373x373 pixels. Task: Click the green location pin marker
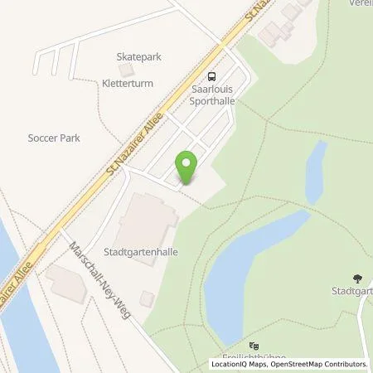[186, 167]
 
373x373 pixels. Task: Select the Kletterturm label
[138, 83]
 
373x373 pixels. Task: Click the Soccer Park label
[53, 138]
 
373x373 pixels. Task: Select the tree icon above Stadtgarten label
[358, 279]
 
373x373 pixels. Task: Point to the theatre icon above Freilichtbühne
[254, 346]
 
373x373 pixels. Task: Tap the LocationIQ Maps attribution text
[240, 364]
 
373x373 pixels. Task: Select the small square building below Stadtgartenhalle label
[147, 298]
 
